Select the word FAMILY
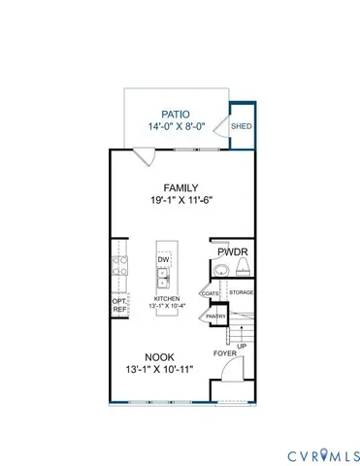[x=181, y=188]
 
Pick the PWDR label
[x=234, y=251]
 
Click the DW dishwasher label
[x=164, y=260]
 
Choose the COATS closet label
[x=209, y=291]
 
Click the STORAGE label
[x=242, y=291]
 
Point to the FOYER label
[x=224, y=353]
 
